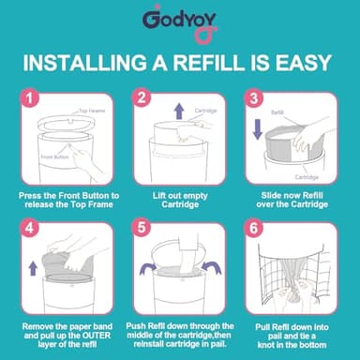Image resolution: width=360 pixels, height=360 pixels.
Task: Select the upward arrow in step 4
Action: [32, 268]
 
